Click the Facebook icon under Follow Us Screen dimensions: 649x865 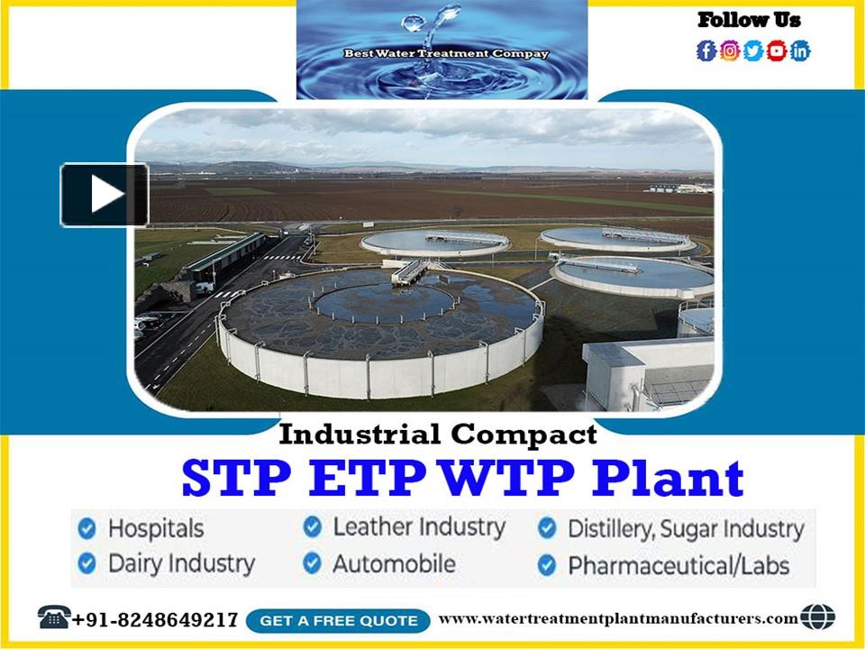tap(706, 51)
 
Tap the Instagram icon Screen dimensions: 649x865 tap(730, 51)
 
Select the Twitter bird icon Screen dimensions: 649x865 tap(753, 51)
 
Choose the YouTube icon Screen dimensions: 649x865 tap(777, 51)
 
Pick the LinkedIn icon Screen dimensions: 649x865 tap(800, 51)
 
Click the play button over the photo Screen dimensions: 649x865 tap(105, 195)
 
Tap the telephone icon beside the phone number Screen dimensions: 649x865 tap(54, 618)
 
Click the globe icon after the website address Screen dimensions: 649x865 tap(817, 617)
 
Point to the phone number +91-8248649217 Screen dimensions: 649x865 tap(155, 620)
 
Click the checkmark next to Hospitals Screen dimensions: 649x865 tap(87, 527)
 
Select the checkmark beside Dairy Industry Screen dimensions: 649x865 tap(87, 564)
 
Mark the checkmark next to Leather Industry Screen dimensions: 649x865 tap(313, 526)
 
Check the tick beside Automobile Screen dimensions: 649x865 tap(313, 564)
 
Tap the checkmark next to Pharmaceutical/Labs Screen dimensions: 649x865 tap(547, 565)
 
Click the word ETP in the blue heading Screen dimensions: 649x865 tap(367, 479)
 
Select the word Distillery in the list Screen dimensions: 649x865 tap(609, 529)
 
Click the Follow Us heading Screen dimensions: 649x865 tap(749, 20)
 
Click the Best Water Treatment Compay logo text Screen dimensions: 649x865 tap(446, 54)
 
